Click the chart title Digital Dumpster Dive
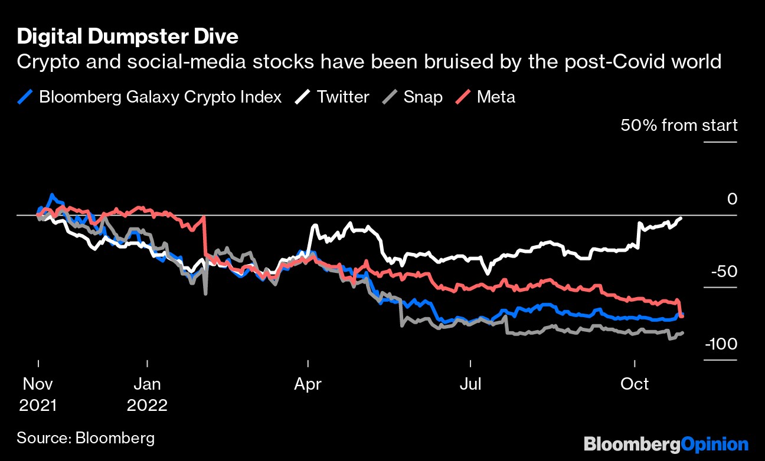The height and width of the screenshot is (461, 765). [127, 37]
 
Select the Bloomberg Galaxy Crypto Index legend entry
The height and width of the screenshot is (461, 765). [149, 97]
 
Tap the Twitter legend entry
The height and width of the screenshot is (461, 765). [332, 97]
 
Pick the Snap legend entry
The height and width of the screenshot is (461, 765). [412, 97]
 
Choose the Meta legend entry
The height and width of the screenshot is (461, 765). [485, 97]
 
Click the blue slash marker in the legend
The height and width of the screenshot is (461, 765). [25, 97]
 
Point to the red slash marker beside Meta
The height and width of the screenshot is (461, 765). [463, 97]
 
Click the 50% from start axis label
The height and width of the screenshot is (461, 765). [679, 125]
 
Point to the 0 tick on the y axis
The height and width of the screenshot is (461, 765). [732, 199]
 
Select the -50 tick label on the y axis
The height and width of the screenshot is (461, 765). [724, 272]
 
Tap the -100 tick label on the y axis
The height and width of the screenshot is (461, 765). [721, 344]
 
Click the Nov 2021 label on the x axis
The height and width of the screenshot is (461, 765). [38, 394]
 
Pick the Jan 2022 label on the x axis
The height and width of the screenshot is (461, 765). [147, 394]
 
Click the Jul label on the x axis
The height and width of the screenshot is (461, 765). [470, 384]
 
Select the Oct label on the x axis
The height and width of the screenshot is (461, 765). [634, 384]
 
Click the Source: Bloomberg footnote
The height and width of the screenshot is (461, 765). [86, 438]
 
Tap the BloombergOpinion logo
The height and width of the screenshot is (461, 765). [666, 444]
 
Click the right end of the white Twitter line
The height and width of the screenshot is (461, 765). [681, 218]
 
